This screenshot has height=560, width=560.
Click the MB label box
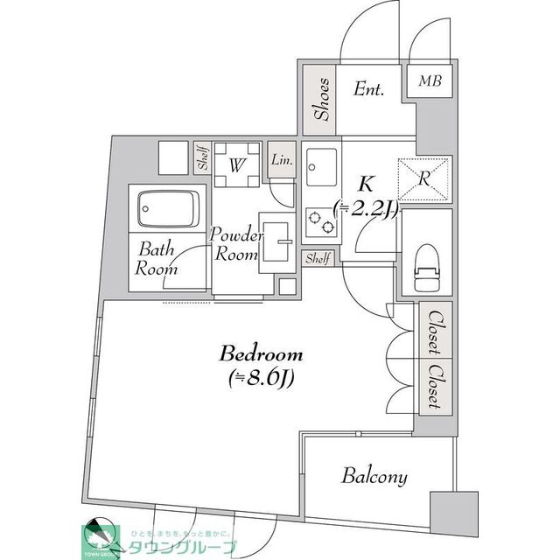pyautogui.click(x=429, y=81)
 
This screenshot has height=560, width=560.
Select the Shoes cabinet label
pyautogui.click(x=321, y=99)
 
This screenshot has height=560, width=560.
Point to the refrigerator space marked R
pyautogui.click(x=424, y=178)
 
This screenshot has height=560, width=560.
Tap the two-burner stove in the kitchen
pyautogui.click(x=320, y=222)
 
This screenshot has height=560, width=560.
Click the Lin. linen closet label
pyautogui.click(x=283, y=159)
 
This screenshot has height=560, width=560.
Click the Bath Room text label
pyautogui.click(x=156, y=259)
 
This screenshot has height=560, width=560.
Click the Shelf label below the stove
pyautogui.click(x=317, y=258)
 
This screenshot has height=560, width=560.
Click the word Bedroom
pyautogui.click(x=262, y=354)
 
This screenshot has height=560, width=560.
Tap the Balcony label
pyautogui.click(x=374, y=477)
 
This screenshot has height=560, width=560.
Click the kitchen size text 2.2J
pyautogui.click(x=367, y=208)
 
